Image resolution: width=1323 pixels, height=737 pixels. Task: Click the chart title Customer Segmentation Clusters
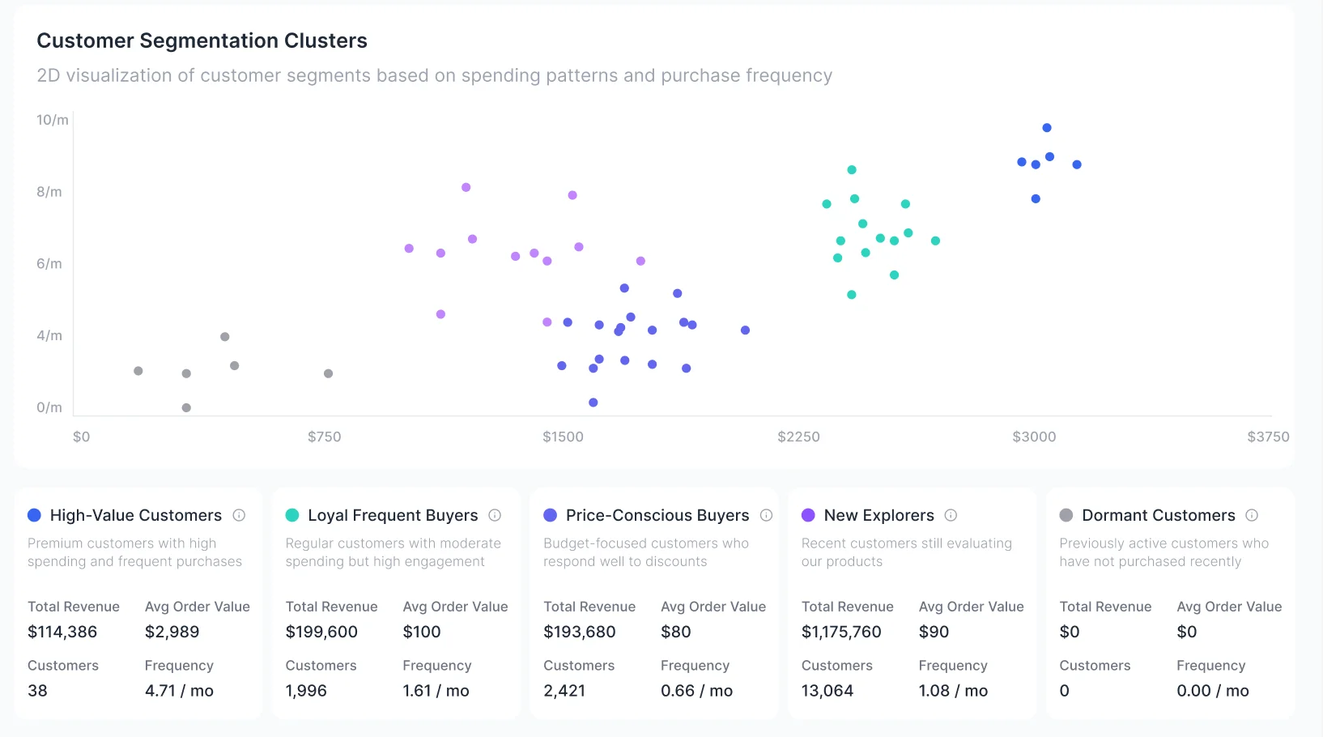202,40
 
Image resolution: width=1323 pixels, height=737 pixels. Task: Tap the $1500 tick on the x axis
563,437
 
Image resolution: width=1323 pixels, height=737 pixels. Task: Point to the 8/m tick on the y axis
49,192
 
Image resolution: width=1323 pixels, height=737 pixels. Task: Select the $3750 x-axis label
1268,437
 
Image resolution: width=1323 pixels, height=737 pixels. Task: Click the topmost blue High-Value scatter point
1047,128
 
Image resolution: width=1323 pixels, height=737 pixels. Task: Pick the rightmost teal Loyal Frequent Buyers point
935,241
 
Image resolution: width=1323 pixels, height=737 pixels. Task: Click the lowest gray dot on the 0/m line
186,407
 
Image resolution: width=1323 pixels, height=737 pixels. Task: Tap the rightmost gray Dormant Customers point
328,373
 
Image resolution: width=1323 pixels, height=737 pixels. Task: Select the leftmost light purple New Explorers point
409,249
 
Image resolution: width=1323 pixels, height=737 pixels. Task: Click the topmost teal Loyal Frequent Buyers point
852,170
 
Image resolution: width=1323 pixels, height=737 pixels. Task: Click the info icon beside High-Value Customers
239,515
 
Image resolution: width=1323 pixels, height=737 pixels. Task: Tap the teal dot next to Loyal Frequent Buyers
292,515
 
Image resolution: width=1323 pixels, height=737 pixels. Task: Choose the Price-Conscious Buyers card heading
657,515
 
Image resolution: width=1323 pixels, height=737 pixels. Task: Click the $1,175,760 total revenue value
841,632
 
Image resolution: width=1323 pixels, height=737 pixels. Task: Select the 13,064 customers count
827,691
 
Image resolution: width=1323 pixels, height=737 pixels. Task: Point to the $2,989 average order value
172,632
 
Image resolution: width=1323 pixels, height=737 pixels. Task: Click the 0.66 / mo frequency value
696,691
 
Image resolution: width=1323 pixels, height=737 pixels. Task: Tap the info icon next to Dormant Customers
1252,515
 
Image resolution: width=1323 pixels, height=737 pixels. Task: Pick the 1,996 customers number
306,691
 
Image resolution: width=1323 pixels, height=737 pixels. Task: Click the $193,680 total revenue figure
579,632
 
